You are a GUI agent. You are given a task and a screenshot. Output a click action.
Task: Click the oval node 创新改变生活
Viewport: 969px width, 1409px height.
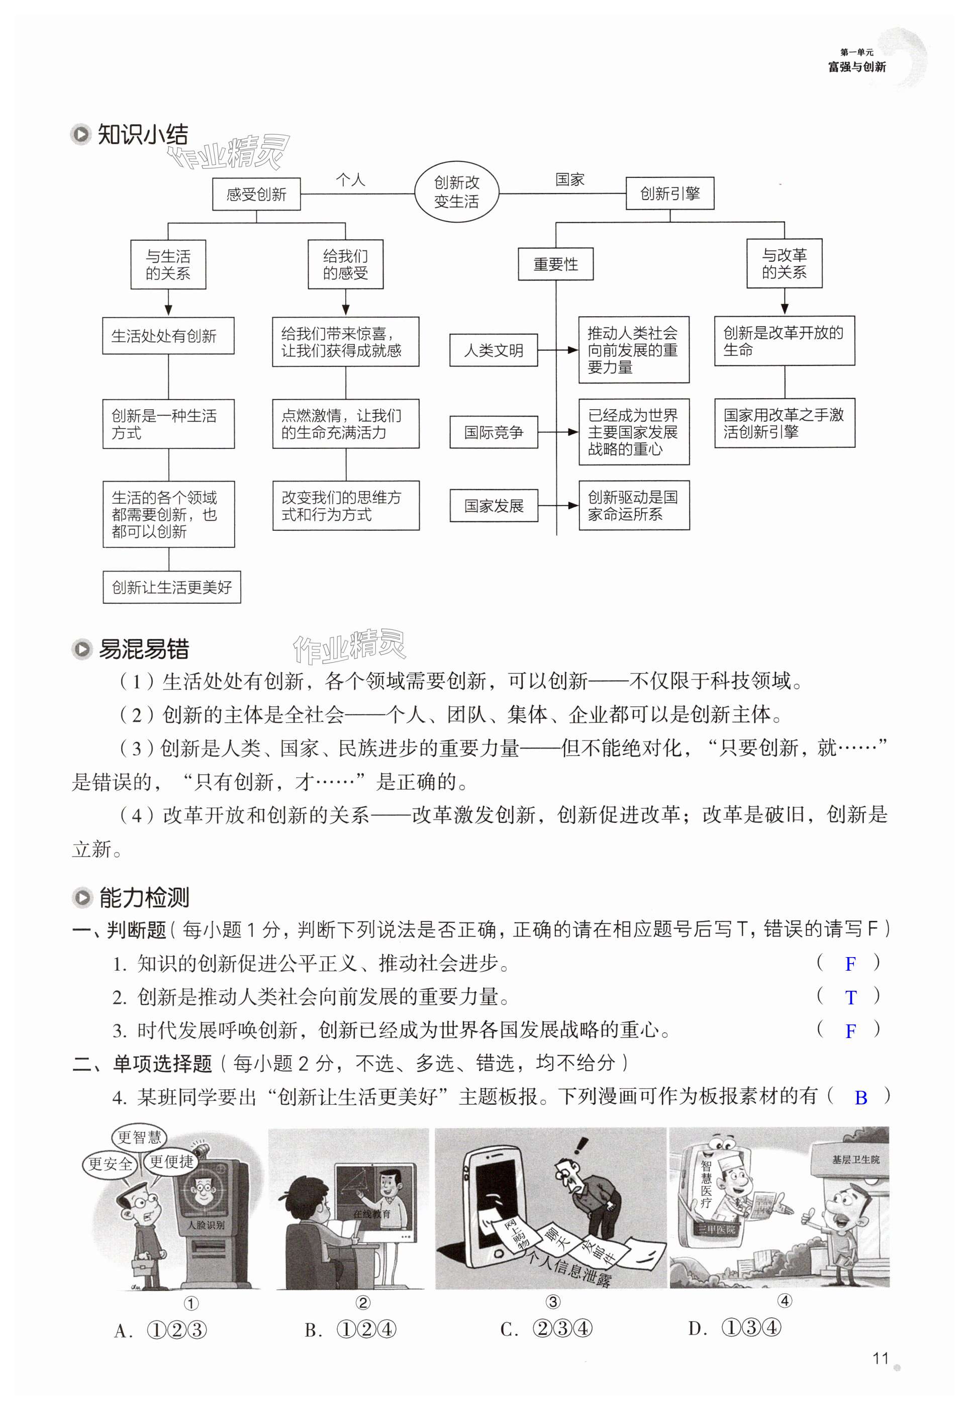pos(456,192)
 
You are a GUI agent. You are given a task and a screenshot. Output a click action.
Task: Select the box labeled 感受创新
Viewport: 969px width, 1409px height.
pos(256,194)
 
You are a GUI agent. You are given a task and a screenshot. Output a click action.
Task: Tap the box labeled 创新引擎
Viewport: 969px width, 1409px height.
pos(669,194)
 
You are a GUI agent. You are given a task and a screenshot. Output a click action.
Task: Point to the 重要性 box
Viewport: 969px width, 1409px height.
pos(555,264)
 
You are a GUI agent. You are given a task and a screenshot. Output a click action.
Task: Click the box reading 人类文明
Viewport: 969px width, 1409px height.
pos(494,350)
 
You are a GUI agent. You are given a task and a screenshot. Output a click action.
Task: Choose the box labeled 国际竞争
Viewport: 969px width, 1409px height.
pos(494,432)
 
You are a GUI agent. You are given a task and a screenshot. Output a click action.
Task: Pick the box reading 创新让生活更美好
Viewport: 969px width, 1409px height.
pos(172,587)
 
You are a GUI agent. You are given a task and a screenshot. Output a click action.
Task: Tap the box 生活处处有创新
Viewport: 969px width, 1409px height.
pos(168,336)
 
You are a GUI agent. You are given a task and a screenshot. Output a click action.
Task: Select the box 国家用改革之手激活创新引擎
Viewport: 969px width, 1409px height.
pos(785,423)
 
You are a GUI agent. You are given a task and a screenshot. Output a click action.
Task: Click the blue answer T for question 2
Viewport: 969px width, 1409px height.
pos(850,997)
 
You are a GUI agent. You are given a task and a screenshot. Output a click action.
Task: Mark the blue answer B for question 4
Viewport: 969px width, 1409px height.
pos(860,1097)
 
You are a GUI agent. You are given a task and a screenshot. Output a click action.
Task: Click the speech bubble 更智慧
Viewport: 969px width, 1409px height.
pos(139,1137)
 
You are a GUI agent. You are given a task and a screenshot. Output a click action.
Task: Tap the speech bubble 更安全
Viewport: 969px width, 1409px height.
pos(111,1164)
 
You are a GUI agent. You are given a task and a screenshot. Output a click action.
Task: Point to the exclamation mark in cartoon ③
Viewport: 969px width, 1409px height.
pos(581,1146)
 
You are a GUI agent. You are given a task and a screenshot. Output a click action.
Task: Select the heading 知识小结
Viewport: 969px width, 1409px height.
pos(143,134)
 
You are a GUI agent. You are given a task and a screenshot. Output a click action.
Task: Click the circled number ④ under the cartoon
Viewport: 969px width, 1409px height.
pos(785,1300)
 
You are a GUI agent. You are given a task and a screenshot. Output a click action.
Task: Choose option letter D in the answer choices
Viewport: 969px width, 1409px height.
pos(698,1329)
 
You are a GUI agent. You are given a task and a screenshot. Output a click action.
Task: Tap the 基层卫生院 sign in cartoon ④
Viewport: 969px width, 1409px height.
pos(855,1160)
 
